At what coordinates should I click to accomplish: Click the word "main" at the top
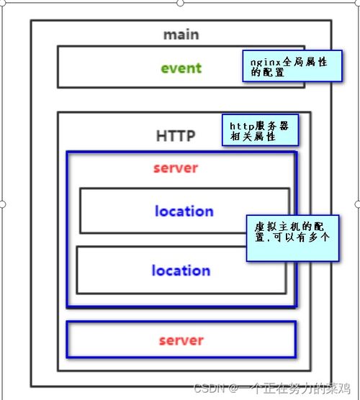click(181, 35)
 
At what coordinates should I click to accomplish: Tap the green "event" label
click(181, 68)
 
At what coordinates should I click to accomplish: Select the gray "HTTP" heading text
click(176, 136)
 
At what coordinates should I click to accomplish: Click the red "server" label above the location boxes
click(176, 168)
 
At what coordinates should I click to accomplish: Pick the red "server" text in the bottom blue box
click(181, 340)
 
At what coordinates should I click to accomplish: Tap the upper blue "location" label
click(184, 211)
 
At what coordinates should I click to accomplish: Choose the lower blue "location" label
click(181, 271)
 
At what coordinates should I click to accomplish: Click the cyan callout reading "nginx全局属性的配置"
click(292, 66)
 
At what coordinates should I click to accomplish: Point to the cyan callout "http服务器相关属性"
click(260, 130)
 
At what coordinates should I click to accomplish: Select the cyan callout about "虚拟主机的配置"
click(292, 238)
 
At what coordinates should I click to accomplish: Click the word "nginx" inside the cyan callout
click(266, 63)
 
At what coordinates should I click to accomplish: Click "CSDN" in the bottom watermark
click(210, 388)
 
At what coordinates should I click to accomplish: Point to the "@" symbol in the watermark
click(233, 388)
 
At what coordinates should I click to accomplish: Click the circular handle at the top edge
click(180, 3)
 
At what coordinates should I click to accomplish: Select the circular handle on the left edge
click(2, 204)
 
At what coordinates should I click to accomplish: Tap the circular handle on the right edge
click(358, 204)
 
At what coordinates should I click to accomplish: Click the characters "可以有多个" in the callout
click(302, 237)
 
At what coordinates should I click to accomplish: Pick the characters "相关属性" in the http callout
click(253, 137)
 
